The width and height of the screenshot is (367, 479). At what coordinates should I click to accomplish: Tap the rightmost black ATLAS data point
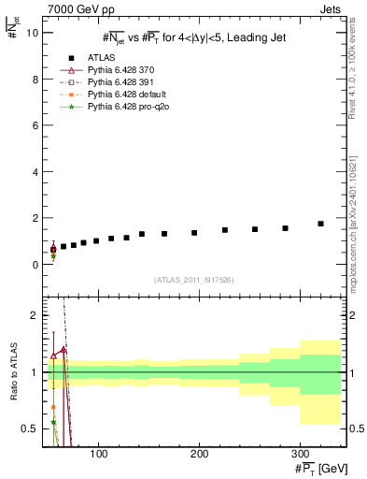(x=320, y=224)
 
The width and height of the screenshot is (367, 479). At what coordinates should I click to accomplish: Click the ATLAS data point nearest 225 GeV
(x=225, y=230)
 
